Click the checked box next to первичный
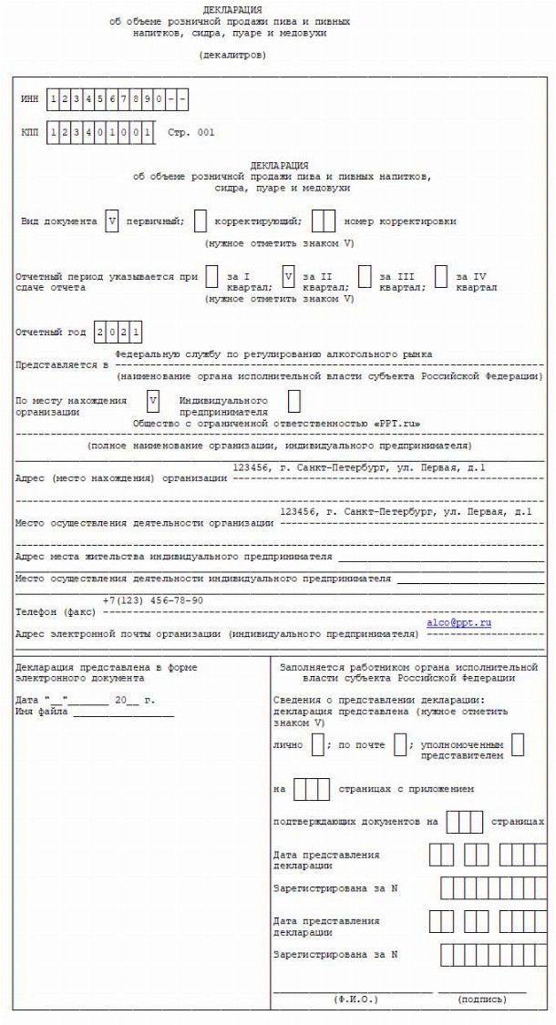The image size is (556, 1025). (112, 220)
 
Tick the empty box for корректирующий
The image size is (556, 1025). (201, 220)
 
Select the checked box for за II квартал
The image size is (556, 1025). (288, 276)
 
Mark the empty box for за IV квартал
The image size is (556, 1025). (441, 276)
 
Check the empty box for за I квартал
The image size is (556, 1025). (211, 276)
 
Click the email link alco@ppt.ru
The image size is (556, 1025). (458, 622)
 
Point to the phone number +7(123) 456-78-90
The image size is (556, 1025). (152, 600)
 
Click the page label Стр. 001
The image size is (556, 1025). (191, 132)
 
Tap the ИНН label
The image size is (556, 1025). (30, 95)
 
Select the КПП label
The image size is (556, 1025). (30, 132)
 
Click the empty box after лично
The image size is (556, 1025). (318, 744)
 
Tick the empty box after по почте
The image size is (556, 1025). (400, 744)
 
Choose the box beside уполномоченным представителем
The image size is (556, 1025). (518, 744)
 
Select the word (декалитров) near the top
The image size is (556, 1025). (232, 55)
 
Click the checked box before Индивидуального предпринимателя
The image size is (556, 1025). (153, 399)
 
